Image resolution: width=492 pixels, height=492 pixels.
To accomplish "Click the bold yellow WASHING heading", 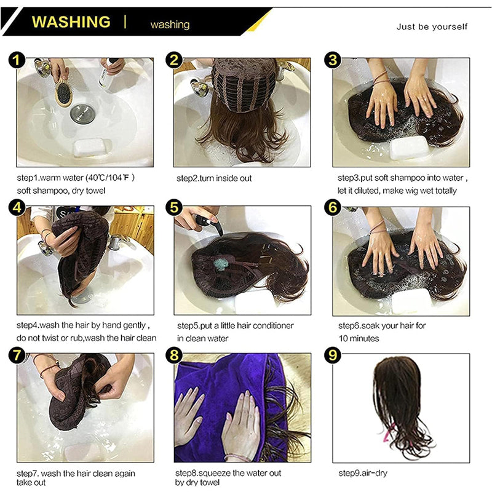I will (x=71, y=22).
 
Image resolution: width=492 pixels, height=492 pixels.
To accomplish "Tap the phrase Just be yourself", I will (x=432, y=26).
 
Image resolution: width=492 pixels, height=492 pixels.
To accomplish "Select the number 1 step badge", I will (x=17, y=59).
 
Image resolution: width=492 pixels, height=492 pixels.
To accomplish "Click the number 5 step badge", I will (x=175, y=207).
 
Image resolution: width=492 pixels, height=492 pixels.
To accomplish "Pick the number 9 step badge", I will (x=333, y=355).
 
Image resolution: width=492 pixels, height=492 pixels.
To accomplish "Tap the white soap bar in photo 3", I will (x=408, y=148).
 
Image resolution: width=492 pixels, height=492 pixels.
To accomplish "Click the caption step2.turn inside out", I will (x=213, y=178).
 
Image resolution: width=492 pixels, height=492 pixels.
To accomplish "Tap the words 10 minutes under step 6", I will (x=359, y=338).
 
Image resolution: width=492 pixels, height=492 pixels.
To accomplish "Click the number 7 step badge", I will (x=17, y=355).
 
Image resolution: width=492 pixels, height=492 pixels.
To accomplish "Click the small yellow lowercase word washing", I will (x=170, y=25).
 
